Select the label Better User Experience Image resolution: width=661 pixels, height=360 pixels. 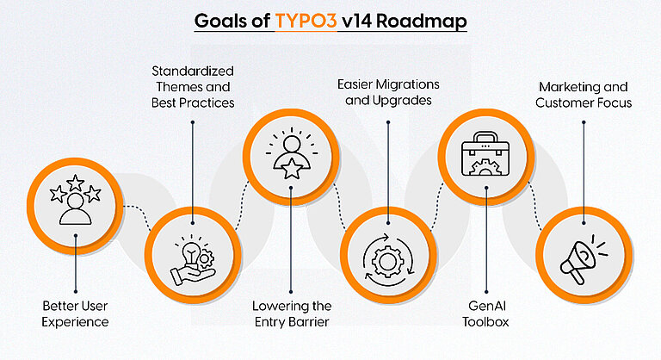coord(76,313)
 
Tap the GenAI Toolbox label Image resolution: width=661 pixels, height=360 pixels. coord(486,313)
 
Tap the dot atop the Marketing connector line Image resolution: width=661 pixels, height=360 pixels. coord(584,121)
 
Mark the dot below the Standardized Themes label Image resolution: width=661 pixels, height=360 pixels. coord(192,121)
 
